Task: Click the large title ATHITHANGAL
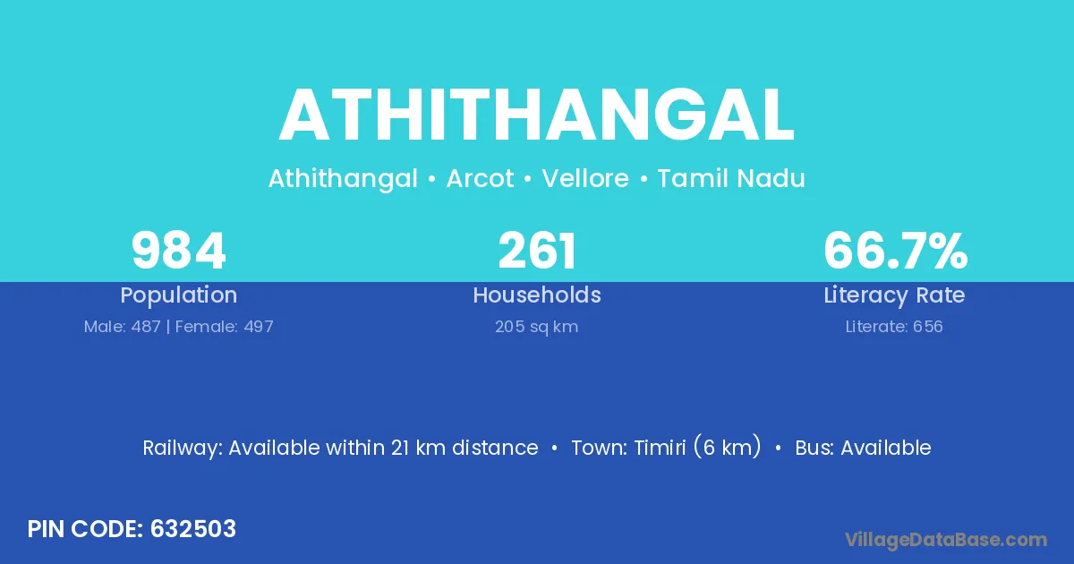[x=536, y=115]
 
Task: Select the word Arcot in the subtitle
[x=480, y=178]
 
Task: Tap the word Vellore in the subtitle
[x=585, y=178]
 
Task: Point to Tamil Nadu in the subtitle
[x=731, y=178]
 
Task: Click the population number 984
[x=178, y=251]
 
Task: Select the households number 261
[x=537, y=251]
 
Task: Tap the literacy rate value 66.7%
[x=895, y=251]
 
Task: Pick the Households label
[x=537, y=295]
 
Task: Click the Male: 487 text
[x=123, y=327]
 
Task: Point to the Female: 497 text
[x=225, y=327]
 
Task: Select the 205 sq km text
[x=536, y=327]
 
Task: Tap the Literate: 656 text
[x=894, y=327]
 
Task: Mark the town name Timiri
[x=661, y=448]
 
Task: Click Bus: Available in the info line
[x=863, y=448]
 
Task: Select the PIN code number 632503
[x=193, y=529]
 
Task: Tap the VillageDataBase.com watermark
[x=946, y=540]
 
